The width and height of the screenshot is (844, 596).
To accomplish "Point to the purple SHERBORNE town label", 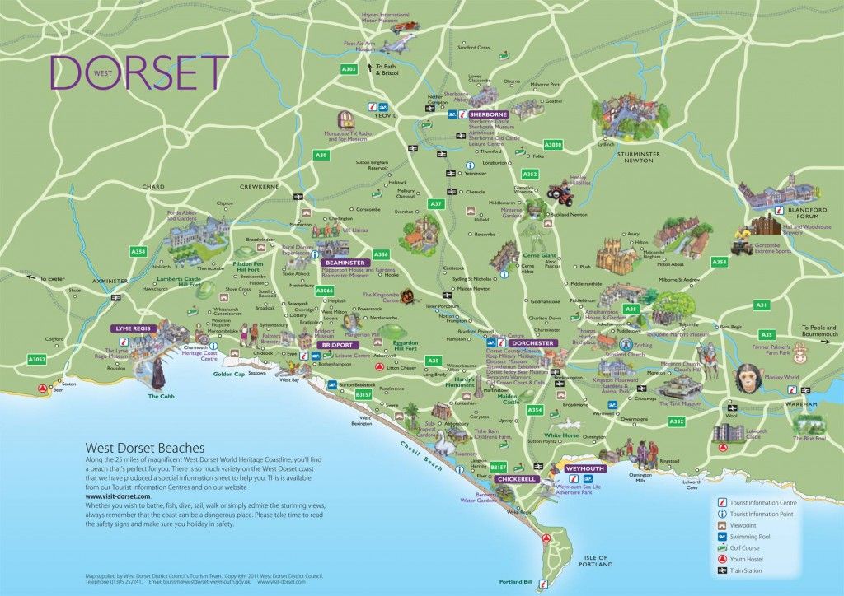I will coord(488,114).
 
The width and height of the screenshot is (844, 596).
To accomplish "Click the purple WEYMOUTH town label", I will coord(584,468).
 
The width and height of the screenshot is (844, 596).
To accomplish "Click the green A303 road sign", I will coord(349,70).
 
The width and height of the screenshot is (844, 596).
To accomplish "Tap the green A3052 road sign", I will coord(37,359).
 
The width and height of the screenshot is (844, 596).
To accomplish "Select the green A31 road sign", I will coord(762,305).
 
